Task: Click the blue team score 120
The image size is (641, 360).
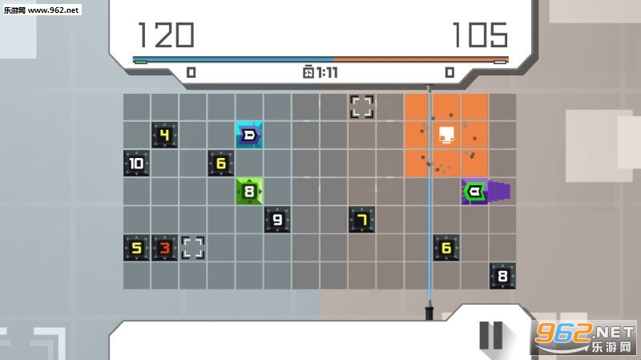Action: pyautogui.click(x=166, y=34)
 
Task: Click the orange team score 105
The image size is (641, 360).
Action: pyautogui.click(x=479, y=34)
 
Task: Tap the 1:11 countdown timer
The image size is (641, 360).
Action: pyautogui.click(x=320, y=72)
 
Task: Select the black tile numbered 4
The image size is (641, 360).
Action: pyautogui.click(x=164, y=135)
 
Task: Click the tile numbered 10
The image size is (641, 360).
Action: pyautogui.click(x=136, y=164)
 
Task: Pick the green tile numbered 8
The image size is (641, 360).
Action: pyautogui.click(x=249, y=192)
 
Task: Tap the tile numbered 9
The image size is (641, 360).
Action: pyautogui.click(x=277, y=220)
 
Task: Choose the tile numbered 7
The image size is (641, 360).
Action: pyautogui.click(x=362, y=220)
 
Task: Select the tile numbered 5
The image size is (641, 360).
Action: pyautogui.click(x=136, y=248)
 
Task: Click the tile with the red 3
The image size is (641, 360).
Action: pyautogui.click(x=164, y=248)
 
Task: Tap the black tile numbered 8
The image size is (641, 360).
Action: pyautogui.click(x=502, y=276)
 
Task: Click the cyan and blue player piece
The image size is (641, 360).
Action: pyautogui.click(x=249, y=135)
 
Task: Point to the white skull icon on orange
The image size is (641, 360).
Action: pyautogui.click(x=446, y=135)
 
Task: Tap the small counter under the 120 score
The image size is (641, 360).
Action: pyautogui.click(x=191, y=72)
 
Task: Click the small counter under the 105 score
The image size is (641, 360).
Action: pyautogui.click(x=450, y=72)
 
